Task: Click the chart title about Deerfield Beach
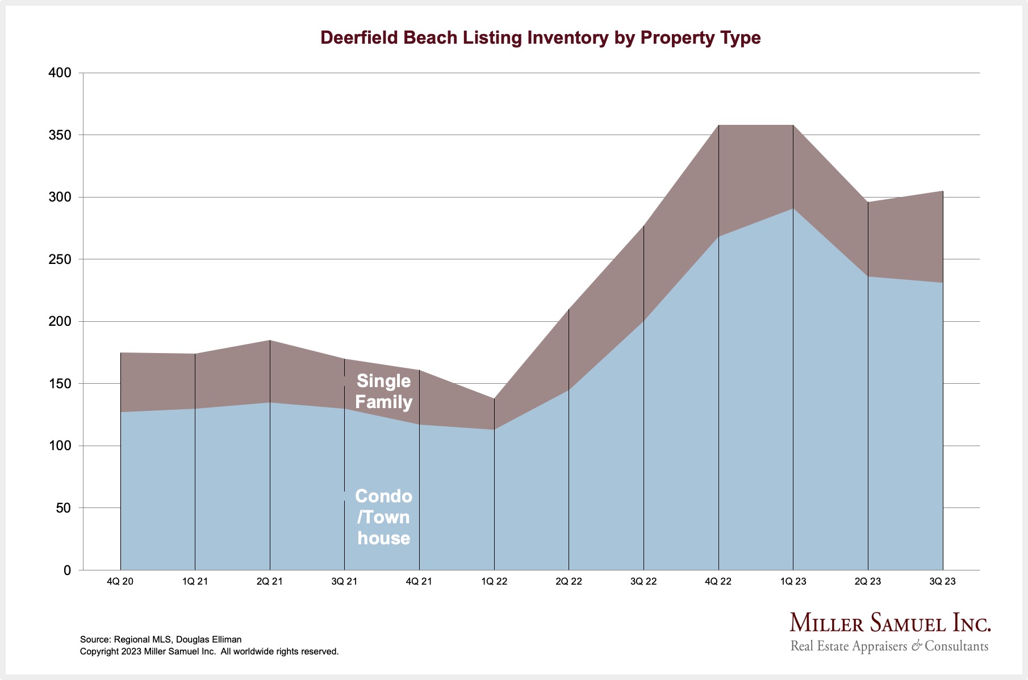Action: [540, 37]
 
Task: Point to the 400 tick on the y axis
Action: [60, 73]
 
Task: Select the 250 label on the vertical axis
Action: [60, 259]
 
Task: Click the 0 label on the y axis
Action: [67, 570]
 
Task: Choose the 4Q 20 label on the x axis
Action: [120, 581]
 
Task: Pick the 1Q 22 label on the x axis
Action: [494, 581]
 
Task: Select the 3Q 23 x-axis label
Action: [942, 581]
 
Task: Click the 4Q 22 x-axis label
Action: [718, 581]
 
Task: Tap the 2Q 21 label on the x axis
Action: [270, 581]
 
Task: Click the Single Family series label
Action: [383, 392]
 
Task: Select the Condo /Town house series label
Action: [383, 517]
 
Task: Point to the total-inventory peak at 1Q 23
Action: [793, 125]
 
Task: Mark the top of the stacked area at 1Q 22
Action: [494, 398]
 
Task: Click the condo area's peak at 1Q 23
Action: [793, 208]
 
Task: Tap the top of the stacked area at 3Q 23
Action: [943, 191]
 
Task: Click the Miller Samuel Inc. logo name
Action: [890, 623]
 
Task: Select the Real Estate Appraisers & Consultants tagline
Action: [889, 646]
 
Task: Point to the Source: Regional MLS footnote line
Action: [161, 639]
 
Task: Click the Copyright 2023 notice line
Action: [209, 652]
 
